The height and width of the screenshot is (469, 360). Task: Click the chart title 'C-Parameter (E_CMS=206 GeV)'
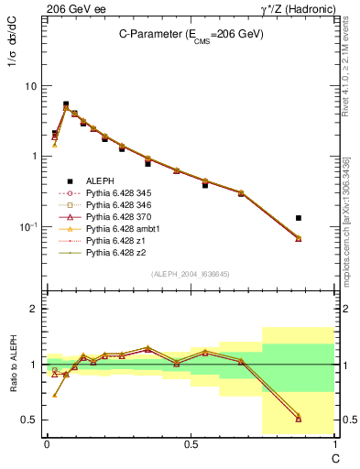click(191, 34)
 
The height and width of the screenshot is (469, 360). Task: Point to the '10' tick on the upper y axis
click(30, 86)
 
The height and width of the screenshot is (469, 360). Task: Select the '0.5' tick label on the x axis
click(190, 443)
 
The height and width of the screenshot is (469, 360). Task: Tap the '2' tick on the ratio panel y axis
click(35, 309)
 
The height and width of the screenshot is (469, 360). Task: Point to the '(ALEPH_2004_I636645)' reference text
click(191, 275)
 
